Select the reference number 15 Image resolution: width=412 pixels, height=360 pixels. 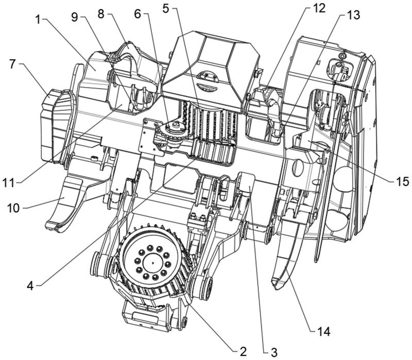click(402, 181)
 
